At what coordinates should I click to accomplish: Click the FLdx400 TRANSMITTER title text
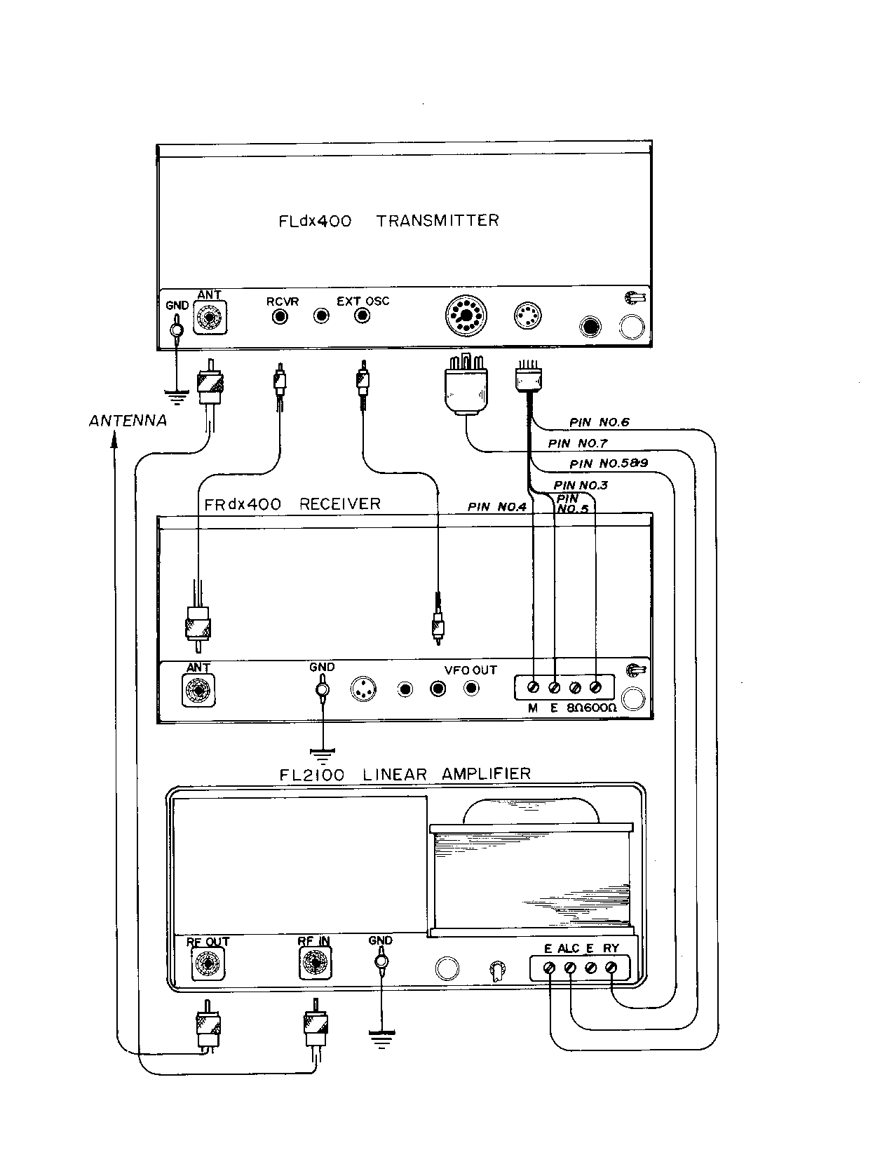[x=388, y=221]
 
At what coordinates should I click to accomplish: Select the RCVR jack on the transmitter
[x=280, y=316]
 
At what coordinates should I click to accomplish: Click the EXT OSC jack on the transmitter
[x=362, y=316]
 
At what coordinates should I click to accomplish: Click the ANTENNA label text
[x=128, y=421]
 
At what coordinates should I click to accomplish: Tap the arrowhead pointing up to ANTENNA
[x=115, y=440]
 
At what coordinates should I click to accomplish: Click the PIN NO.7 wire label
[x=578, y=443]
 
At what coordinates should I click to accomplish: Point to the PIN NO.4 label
[x=496, y=507]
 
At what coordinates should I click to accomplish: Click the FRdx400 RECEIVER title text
[x=292, y=504]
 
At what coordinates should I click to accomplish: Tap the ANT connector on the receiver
[x=198, y=691]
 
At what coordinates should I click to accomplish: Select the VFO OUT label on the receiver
[x=470, y=670]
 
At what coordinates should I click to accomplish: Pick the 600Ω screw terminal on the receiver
[x=597, y=687]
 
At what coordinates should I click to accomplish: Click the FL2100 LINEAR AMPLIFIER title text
[x=405, y=775]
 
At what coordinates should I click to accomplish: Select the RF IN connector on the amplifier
[x=315, y=964]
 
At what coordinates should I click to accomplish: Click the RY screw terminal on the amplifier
[x=611, y=968]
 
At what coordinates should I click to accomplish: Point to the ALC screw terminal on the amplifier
[x=570, y=968]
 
